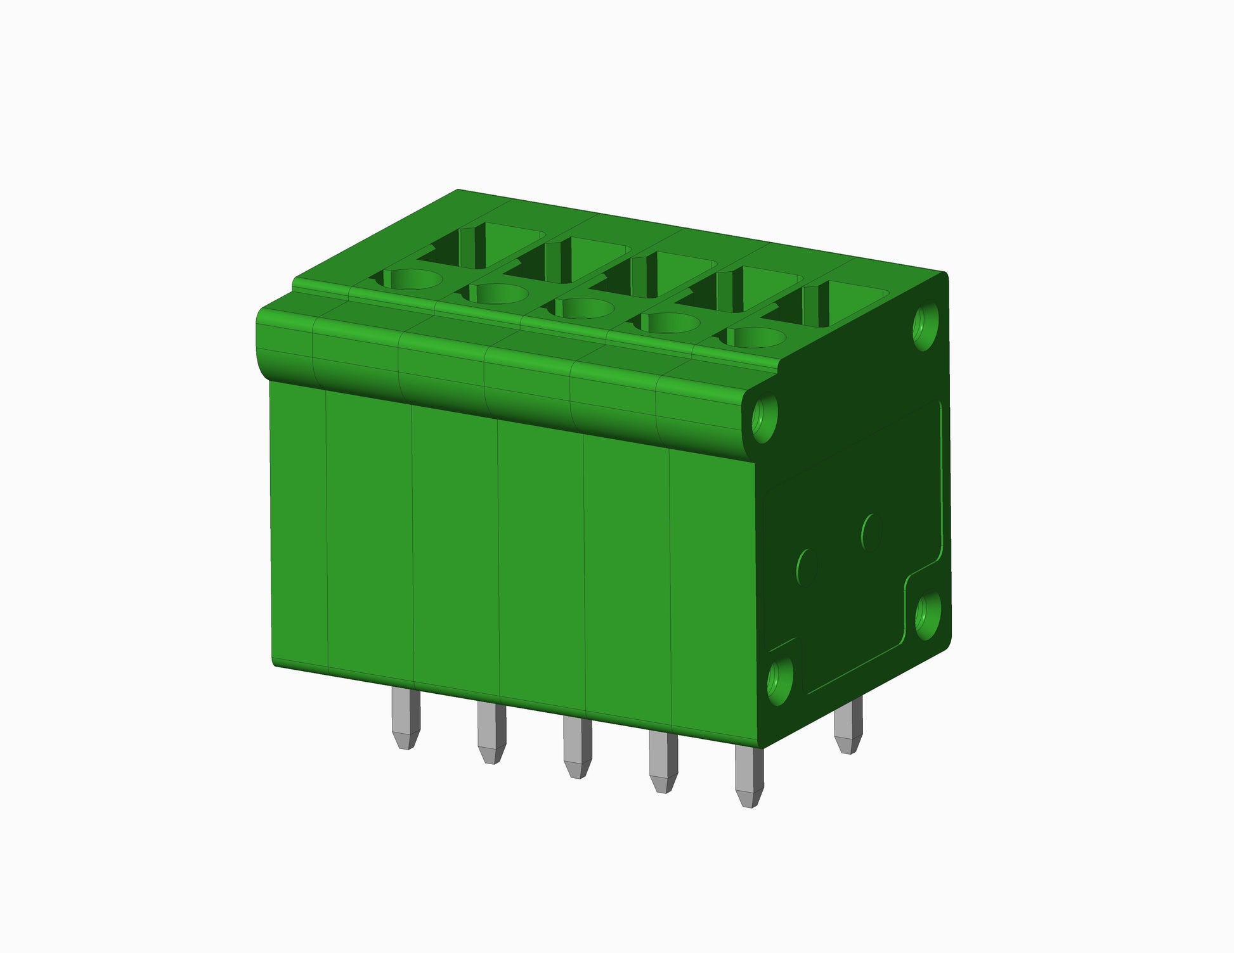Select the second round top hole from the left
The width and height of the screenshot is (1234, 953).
498,293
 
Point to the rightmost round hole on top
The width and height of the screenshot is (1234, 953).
755,337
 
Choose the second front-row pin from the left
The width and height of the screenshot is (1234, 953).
491,733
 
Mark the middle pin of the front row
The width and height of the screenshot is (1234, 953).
577,748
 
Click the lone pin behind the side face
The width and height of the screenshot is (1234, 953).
848,726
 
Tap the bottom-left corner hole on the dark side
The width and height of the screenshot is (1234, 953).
780,682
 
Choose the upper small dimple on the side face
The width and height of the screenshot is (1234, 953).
873,532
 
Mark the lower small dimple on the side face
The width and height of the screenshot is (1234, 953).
807,566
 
